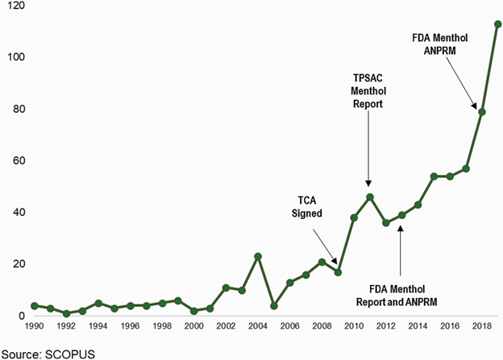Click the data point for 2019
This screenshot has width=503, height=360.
click(x=497, y=24)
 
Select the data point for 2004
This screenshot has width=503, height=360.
click(x=258, y=256)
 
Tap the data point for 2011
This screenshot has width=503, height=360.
click(x=369, y=197)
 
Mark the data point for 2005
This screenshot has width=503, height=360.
click(x=274, y=305)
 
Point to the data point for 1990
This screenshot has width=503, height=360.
click(x=35, y=305)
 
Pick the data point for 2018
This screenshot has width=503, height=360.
click(x=481, y=111)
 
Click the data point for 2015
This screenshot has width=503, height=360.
click(x=434, y=176)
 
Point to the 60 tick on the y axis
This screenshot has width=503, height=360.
click(x=15, y=160)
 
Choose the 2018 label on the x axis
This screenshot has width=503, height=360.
click(x=481, y=327)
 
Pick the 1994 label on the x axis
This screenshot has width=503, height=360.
click(x=98, y=327)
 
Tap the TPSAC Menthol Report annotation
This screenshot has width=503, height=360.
click(x=368, y=91)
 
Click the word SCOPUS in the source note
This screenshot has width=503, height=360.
click(x=67, y=352)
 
